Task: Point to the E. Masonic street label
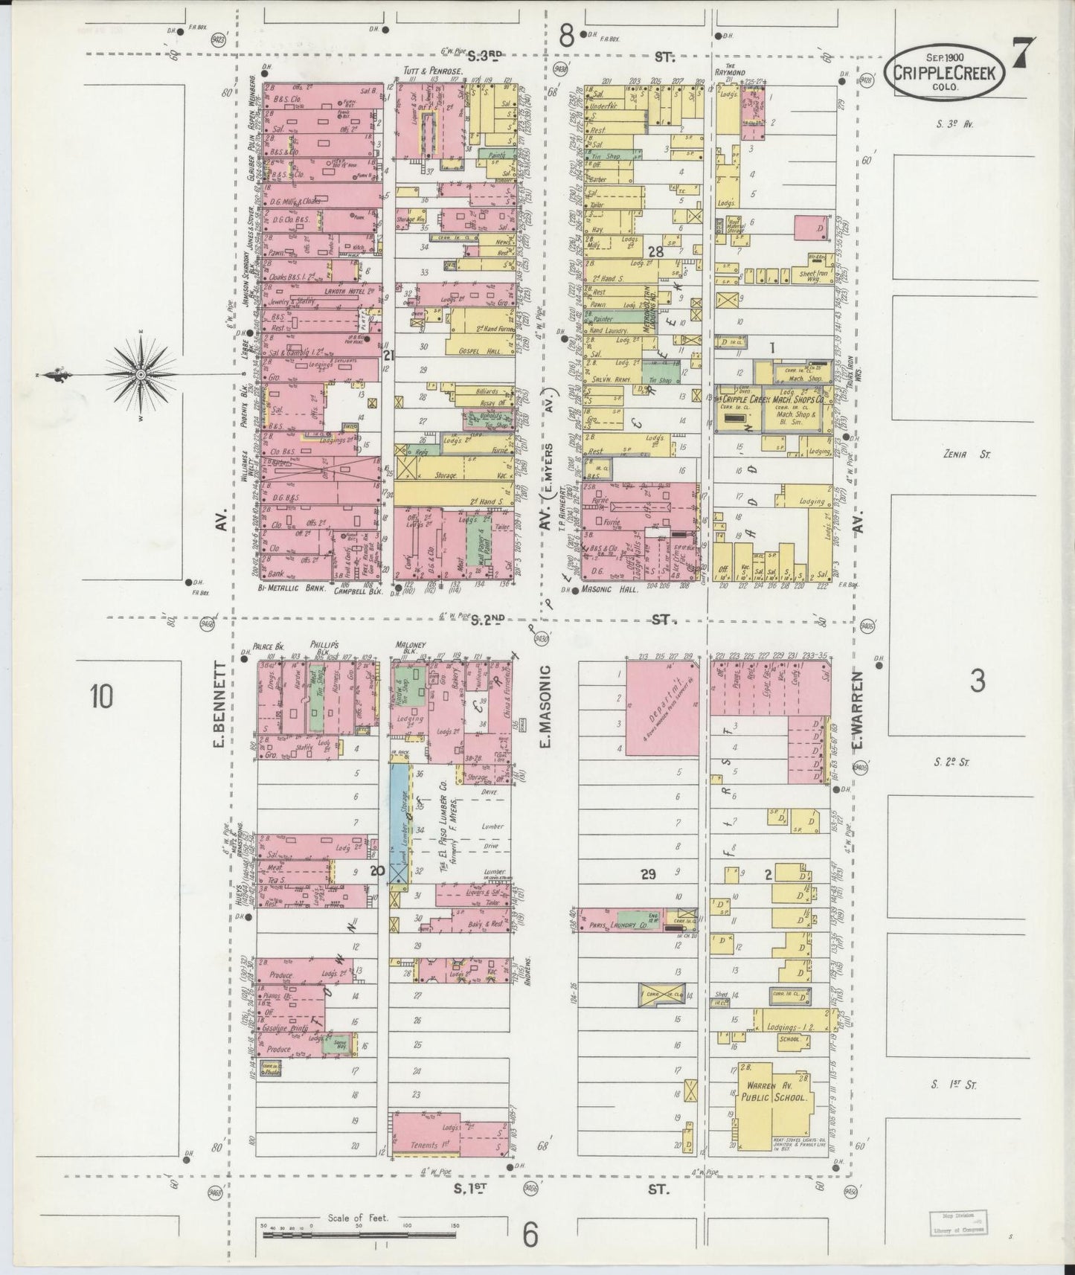click(545, 707)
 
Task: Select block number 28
click(655, 251)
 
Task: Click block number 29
click(648, 874)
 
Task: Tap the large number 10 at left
click(102, 698)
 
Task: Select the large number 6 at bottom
click(530, 1235)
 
